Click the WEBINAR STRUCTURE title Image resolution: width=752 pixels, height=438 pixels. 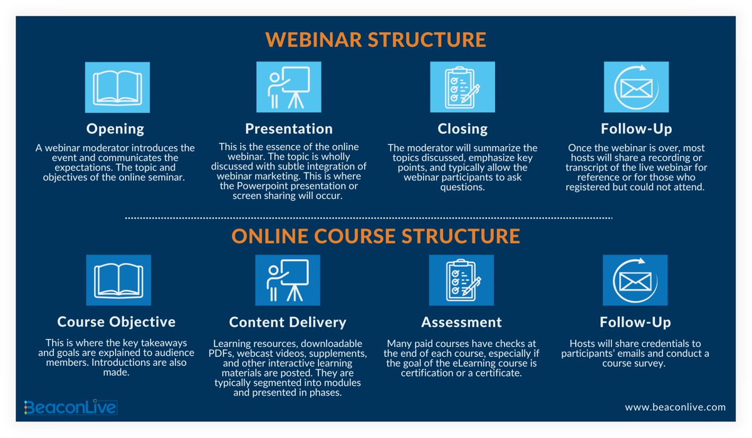click(x=375, y=40)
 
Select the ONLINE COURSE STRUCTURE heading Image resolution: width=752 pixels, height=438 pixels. click(x=375, y=236)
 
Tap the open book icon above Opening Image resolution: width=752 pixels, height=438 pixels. click(x=117, y=87)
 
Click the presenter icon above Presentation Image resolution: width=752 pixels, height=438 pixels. click(x=289, y=87)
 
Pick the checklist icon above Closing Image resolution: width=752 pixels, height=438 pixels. click(x=462, y=87)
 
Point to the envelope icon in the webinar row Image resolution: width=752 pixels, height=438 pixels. click(x=635, y=87)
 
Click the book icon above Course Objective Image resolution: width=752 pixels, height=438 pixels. click(x=117, y=280)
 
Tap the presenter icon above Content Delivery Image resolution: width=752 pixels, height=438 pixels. click(x=289, y=280)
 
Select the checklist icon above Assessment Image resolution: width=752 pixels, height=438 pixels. click(x=461, y=280)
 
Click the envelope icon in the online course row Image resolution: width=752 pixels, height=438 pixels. click(x=635, y=280)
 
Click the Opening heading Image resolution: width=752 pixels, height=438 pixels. click(x=115, y=129)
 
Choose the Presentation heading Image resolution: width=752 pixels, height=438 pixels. click(x=289, y=129)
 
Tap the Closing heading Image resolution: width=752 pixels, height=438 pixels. click(x=462, y=129)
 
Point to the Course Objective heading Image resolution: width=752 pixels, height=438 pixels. click(x=117, y=322)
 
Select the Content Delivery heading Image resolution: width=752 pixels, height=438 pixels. click(x=288, y=322)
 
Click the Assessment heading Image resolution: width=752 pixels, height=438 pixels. click(x=461, y=322)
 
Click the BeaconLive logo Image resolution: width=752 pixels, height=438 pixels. click(x=70, y=408)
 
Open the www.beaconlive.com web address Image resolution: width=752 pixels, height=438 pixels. click(x=675, y=407)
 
